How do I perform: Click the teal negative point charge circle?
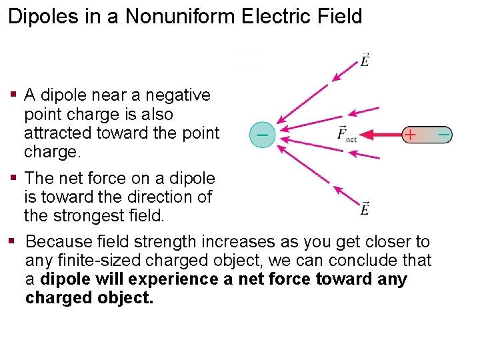pyautogui.click(x=263, y=135)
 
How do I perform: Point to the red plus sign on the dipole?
pyautogui.click(x=410, y=135)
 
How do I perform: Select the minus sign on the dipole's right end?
pyautogui.click(x=443, y=135)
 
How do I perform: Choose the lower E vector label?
pyautogui.click(x=365, y=209)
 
